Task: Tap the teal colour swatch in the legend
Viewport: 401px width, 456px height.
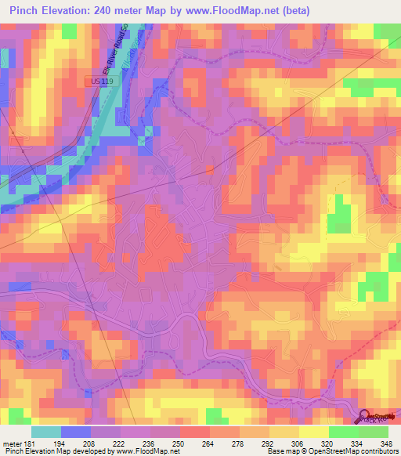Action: [46, 432]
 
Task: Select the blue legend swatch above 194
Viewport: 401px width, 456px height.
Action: [76, 432]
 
